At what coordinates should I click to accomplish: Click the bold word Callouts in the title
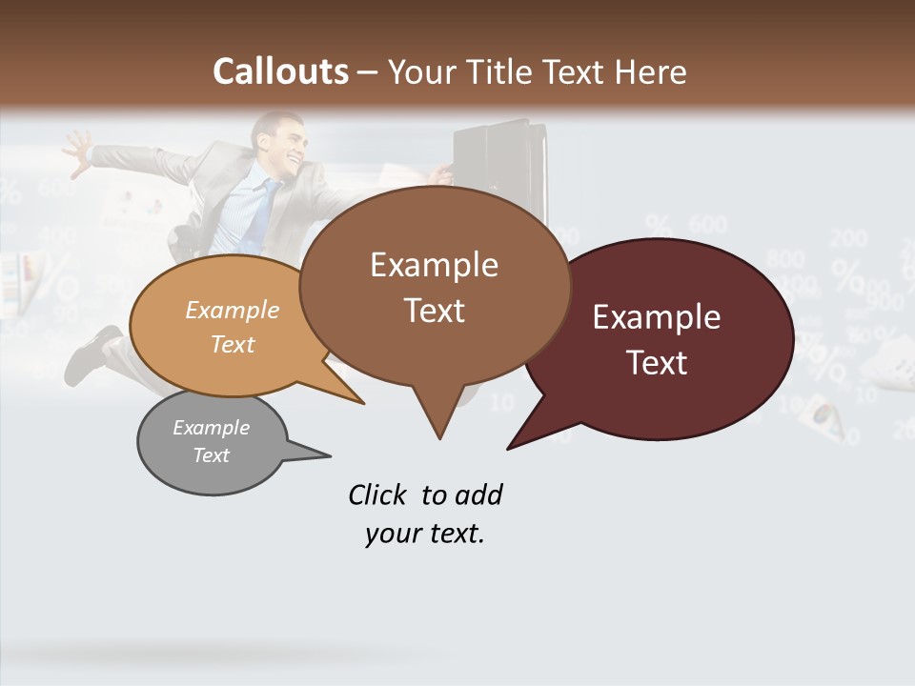(x=280, y=71)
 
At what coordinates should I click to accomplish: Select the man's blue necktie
(x=259, y=214)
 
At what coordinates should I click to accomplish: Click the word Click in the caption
(x=380, y=495)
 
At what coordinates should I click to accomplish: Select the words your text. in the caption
(x=425, y=534)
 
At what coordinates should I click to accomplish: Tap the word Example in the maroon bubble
(x=656, y=317)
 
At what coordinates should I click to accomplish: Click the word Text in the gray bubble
(x=212, y=455)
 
